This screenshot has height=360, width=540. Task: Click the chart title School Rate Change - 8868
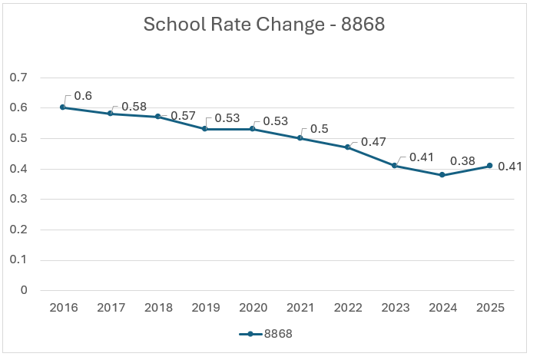tap(264, 25)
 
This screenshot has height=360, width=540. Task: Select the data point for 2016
tap(63, 107)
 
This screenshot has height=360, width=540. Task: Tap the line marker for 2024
tap(442, 175)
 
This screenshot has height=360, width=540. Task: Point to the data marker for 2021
tap(300, 138)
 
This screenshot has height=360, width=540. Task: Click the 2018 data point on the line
tap(158, 117)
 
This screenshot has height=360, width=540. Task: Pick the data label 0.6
tap(83, 97)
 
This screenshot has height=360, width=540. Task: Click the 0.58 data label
tap(134, 106)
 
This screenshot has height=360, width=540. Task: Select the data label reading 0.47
tap(373, 141)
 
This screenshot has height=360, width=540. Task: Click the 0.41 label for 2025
tap(510, 166)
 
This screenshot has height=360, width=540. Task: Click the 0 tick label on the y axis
tap(24, 290)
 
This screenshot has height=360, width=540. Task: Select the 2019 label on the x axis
tap(205, 308)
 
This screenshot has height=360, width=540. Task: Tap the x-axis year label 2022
tap(347, 308)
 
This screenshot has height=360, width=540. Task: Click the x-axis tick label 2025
tap(490, 308)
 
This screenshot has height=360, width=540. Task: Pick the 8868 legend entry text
tap(278, 334)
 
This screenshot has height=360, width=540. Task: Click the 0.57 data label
tap(183, 115)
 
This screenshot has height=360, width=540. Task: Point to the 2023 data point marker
tap(395, 166)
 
